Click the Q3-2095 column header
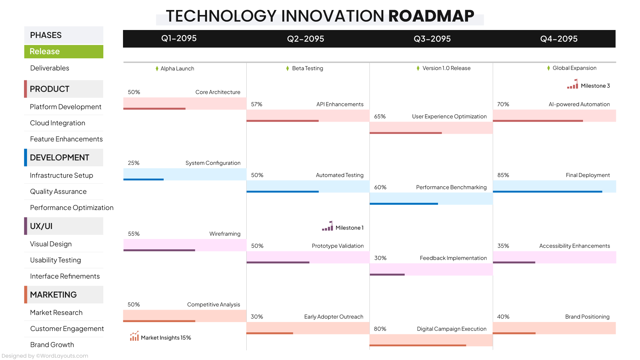click(432, 39)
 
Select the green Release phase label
click(45, 52)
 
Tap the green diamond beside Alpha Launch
click(157, 69)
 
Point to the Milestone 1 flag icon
click(327, 226)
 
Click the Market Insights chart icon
click(134, 336)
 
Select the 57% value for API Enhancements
click(256, 104)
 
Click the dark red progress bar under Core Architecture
click(154, 109)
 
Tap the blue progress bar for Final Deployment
click(547, 192)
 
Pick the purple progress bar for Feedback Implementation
click(387, 275)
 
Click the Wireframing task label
click(225, 234)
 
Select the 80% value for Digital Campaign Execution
click(380, 329)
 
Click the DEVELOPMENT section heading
click(60, 158)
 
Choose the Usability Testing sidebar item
click(55, 260)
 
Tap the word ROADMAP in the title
click(431, 16)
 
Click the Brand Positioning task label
click(587, 317)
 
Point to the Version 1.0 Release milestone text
click(446, 68)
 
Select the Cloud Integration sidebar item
click(57, 123)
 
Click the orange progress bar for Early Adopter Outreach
click(270, 333)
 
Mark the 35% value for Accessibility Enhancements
click(503, 246)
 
